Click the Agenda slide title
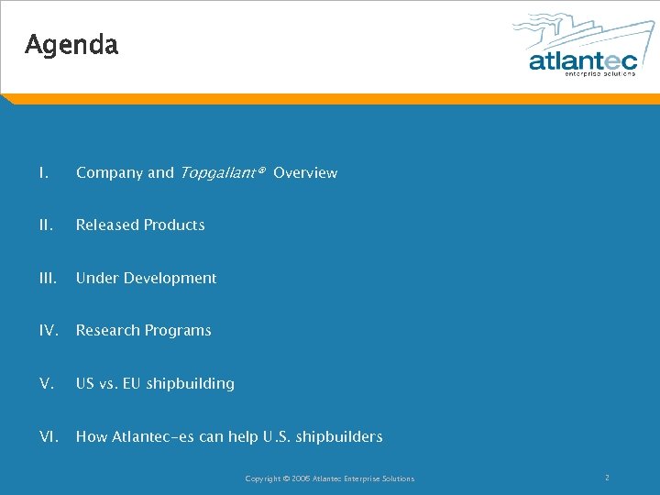coord(71,44)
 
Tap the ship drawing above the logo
coord(573,32)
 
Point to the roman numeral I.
coord(42,172)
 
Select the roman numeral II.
coord(45,225)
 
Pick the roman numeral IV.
coord(49,330)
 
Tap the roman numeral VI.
coord(49,436)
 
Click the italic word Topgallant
coord(217,172)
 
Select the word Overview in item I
coord(305,172)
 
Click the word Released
coord(107,225)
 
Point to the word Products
coord(174,225)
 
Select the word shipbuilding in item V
coord(190,383)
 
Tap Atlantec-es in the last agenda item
coord(150,436)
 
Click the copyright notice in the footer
coord(329,478)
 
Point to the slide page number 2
coord(607,478)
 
